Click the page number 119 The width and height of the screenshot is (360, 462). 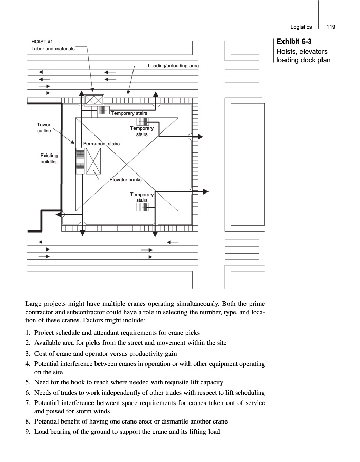coord(330,27)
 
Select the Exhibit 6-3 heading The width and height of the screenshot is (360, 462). coord(294,41)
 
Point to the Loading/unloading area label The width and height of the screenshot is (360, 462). coord(173,66)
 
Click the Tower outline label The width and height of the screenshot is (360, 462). coord(44,127)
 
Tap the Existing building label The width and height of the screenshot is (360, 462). coord(49,158)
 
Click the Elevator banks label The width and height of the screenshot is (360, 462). coord(125,180)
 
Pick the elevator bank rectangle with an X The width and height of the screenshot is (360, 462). coord(93,161)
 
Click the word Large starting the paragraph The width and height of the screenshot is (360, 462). coord(34,304)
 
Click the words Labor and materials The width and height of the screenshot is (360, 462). coord(53,48)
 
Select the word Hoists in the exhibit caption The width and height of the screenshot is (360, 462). coord(288,52)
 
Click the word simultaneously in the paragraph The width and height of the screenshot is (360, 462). coord(177,304)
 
